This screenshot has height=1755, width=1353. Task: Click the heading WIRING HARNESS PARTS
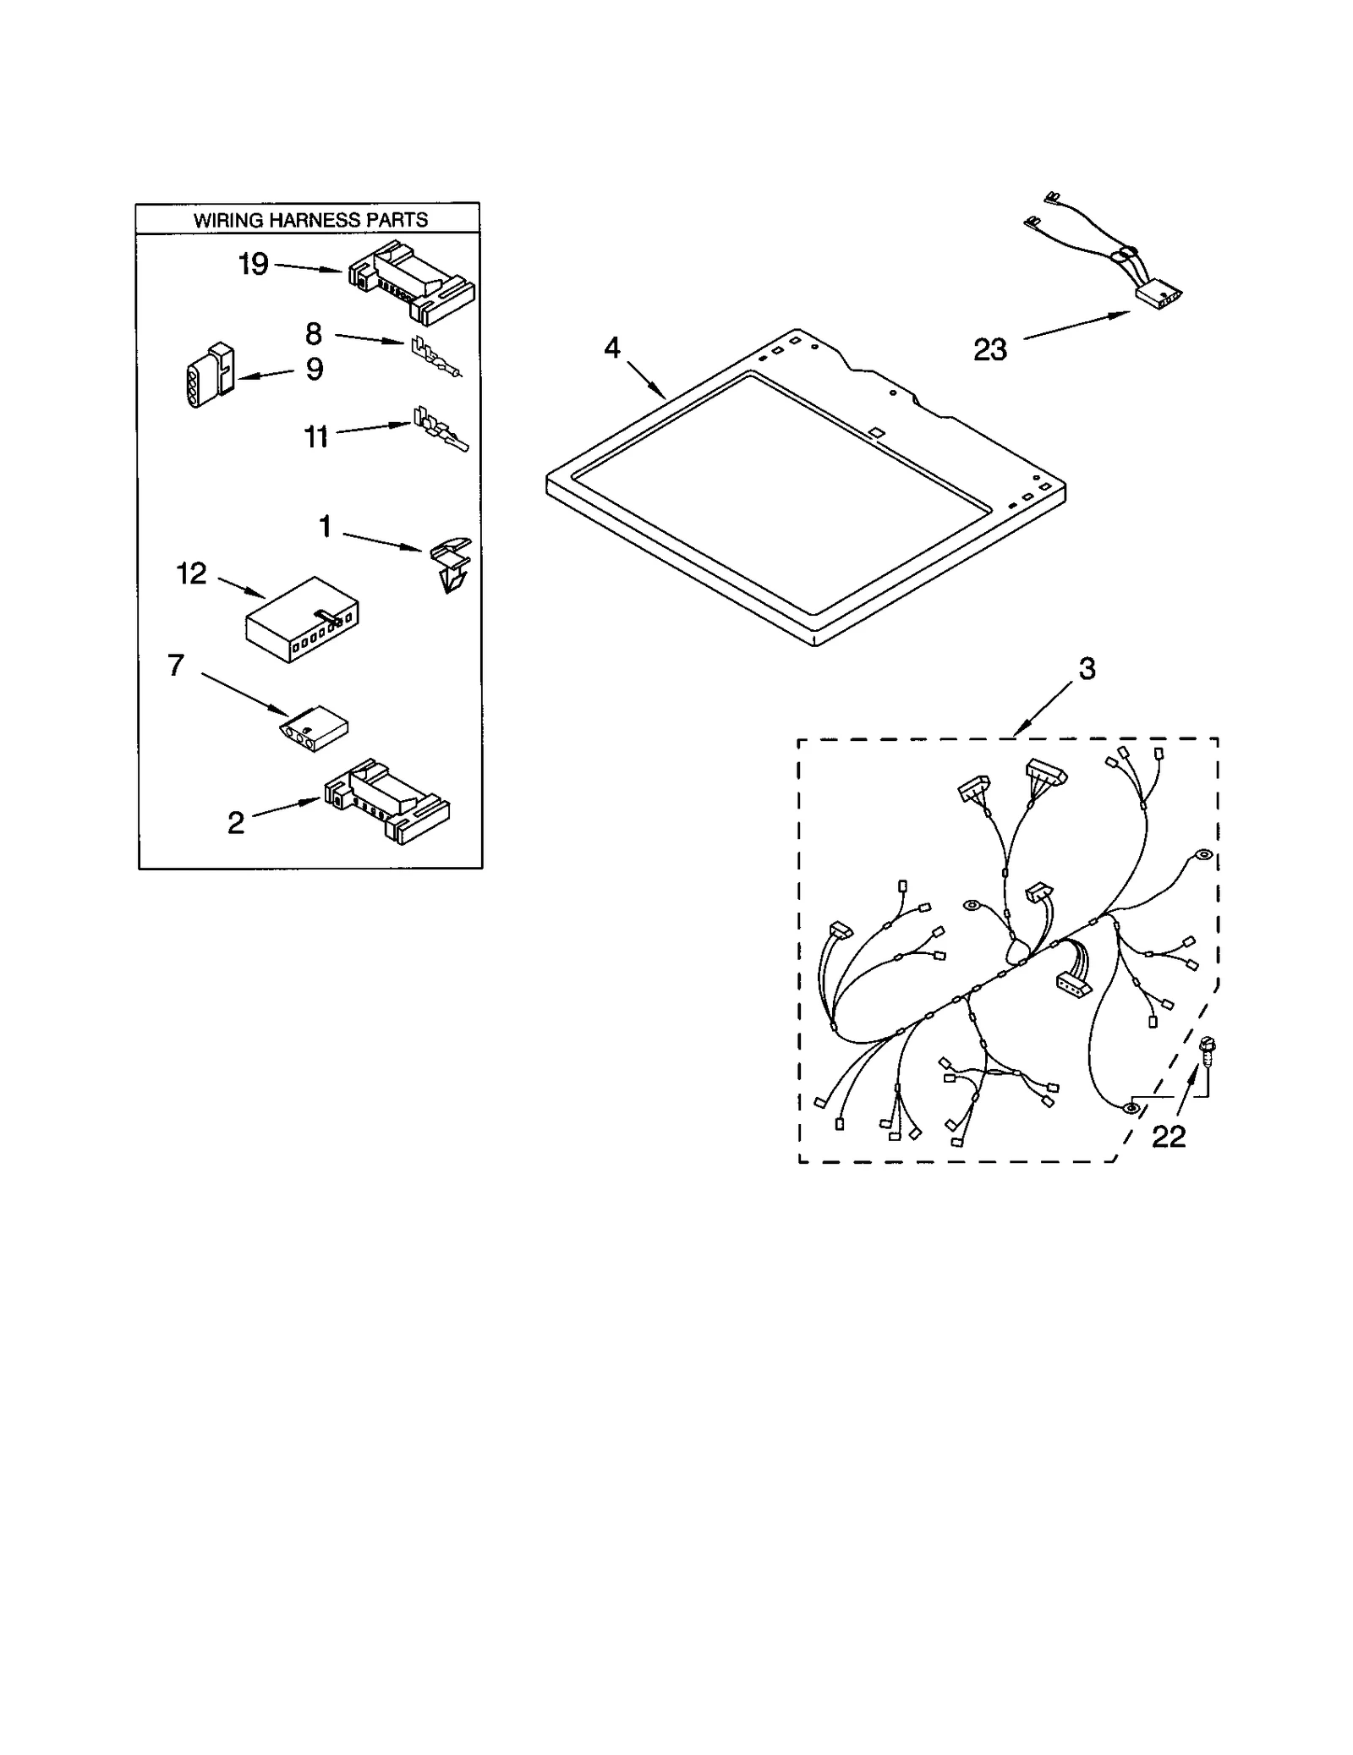point(309,220)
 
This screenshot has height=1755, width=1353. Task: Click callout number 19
point(253,265)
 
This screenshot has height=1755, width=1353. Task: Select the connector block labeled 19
point(412,282)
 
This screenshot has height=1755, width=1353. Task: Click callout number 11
point(315,437)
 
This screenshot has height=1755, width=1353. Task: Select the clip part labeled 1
point(451,564)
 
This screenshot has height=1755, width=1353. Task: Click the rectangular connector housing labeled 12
point(302,619)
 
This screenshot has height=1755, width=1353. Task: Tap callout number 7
point(176,665)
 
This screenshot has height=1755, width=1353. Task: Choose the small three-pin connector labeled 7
point(314,727)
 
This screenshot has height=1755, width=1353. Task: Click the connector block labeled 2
point(387,800)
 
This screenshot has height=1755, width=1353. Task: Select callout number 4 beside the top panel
point(612,348)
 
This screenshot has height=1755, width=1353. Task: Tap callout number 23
point(990,349)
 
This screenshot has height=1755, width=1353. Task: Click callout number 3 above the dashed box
point(1087,668)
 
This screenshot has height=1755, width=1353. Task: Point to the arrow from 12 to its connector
point(241,589)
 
